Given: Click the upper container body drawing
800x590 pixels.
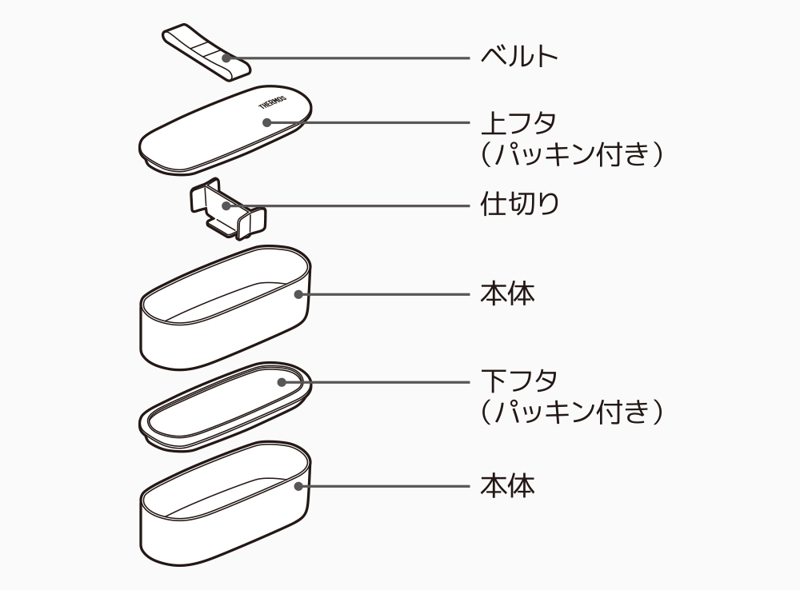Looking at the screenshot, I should click(x=224, y=320).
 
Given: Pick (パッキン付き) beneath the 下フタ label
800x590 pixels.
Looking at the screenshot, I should click(x=572, y=411).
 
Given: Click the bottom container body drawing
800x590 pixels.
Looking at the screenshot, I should click(x=224, y=512).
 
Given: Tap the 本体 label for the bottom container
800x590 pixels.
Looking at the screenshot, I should click(x=507, y=485).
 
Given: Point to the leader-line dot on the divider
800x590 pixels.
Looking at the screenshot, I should click(x=226, y=205).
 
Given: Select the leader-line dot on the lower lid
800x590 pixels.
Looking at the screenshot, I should click(x=281, y=382).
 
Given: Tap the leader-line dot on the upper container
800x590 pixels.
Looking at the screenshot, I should click(x=298, y=294).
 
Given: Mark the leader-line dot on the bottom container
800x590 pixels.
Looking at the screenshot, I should click(x=298, y=485).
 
